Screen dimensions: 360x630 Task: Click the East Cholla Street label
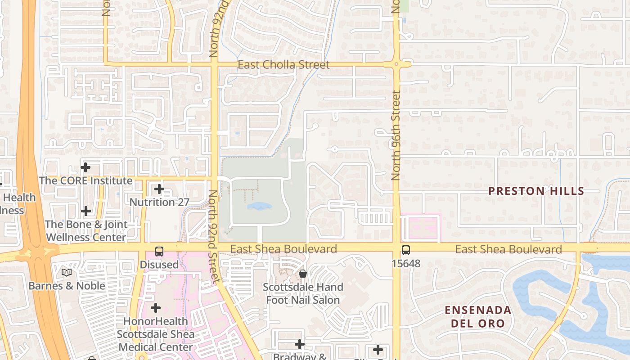point(283,65)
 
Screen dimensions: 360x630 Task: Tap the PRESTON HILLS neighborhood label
point(536,191)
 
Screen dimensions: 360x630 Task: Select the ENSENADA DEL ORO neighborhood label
point(478,316)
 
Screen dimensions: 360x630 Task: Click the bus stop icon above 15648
point(406,250)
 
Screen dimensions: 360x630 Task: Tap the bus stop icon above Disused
point(159,252)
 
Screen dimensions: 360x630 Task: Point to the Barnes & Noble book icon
point(67,272)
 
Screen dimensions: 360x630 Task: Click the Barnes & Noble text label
point(67,286)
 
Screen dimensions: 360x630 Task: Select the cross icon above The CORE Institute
point(85,167)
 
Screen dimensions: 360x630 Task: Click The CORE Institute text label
point(85,181)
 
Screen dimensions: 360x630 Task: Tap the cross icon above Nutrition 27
point(159,189)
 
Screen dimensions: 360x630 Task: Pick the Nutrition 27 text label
point(159,202)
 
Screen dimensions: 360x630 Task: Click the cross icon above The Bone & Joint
point(85,211)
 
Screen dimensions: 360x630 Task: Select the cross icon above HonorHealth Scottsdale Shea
point(156,308)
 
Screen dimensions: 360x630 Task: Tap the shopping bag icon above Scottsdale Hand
point(303,274)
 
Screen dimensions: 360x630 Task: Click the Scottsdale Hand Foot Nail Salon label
point(303,293)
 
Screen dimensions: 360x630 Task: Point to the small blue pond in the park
point(260,207)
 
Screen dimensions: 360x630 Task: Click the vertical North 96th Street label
point(396,135)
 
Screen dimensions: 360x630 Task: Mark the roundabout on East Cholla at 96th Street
point(396,64)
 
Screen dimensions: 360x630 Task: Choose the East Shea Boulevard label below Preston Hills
point(508,249)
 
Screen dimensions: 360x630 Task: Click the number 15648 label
point(406,263)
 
